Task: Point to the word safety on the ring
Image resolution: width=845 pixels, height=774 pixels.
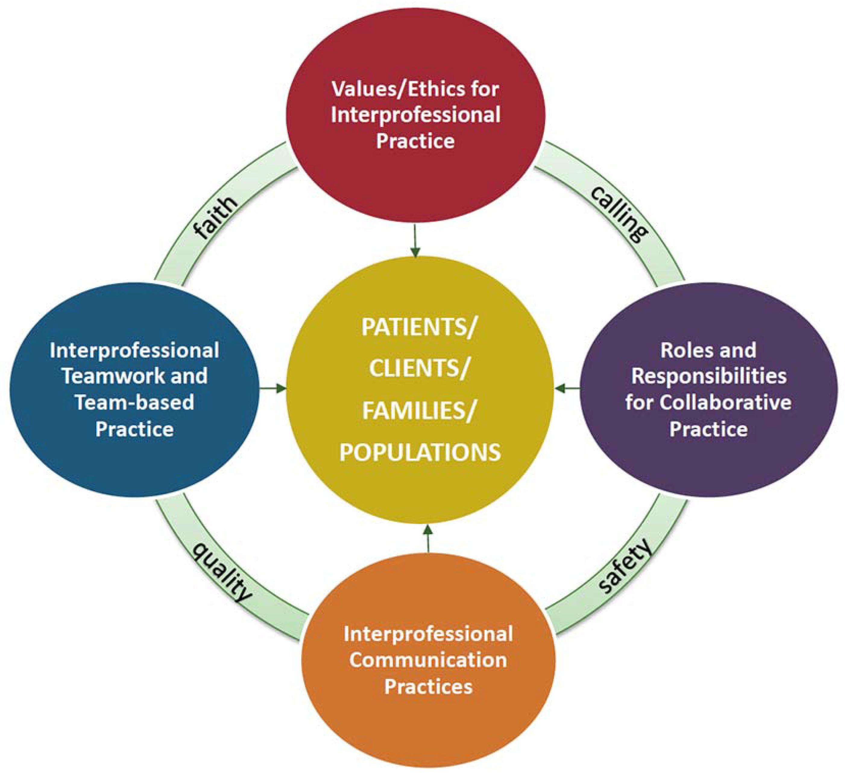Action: (625, 566)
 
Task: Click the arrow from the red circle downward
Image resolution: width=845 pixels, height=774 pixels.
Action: (415, 241)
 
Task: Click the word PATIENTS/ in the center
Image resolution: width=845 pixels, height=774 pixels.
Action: (419, 327)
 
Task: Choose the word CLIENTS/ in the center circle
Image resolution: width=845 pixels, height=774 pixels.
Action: (419, 368)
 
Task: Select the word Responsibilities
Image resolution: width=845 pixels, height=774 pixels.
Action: (709, 376)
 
